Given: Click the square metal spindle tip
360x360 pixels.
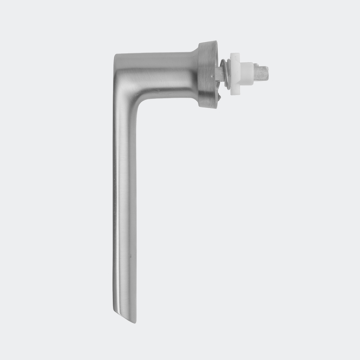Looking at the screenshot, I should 261,71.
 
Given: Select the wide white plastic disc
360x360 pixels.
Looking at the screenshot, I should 235,74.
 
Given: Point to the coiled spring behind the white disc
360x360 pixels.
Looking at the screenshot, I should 225,74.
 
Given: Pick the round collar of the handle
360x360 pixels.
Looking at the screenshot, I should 208,74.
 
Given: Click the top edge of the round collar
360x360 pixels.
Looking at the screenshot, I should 208,42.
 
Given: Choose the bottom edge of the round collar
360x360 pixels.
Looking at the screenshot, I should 208,107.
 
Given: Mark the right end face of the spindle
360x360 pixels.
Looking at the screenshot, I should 267,71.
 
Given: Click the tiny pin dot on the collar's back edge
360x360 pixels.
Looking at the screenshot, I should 218,60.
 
